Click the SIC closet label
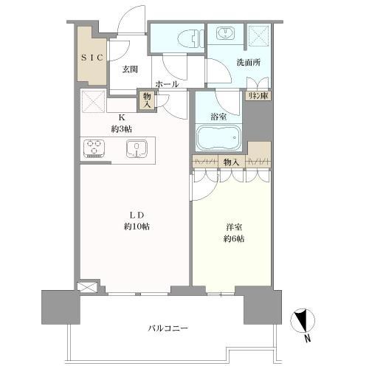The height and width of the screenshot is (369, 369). coord(92,58)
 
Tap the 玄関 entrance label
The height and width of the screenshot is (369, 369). coord(130,70)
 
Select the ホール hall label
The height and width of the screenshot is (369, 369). coord(167,84)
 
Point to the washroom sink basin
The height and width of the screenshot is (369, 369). coord(224,32)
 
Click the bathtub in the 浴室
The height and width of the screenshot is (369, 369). coord(218,137)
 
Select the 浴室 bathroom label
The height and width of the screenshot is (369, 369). coord(217,116)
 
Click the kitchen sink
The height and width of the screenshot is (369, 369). coord(137,148)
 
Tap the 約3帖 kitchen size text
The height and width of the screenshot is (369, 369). coord(122,129)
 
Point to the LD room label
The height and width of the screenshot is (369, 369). coord(137,215)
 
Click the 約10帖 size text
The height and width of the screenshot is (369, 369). coord(137,227)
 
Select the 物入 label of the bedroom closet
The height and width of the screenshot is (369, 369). coord(231,161)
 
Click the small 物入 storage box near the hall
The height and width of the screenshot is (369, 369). coord(147,100)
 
